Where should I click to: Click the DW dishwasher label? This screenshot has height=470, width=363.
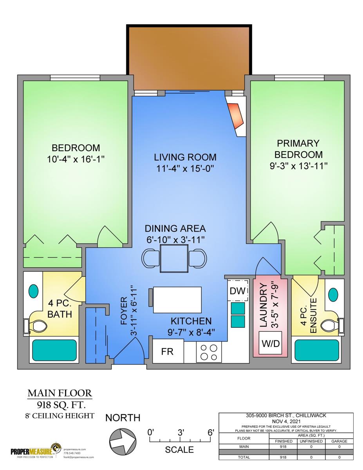(237, 291)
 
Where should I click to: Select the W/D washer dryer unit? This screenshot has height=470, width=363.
(271, 343)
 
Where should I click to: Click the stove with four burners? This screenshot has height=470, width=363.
(209, 352)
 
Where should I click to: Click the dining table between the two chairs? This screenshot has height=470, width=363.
(174, 258)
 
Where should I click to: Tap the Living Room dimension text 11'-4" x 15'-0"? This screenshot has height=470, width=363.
(185, 169)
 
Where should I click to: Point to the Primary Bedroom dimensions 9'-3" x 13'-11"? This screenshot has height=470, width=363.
(298, 166)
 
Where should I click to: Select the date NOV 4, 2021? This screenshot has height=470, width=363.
(286, 421)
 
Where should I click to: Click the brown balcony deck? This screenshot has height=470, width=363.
(189, 58)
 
